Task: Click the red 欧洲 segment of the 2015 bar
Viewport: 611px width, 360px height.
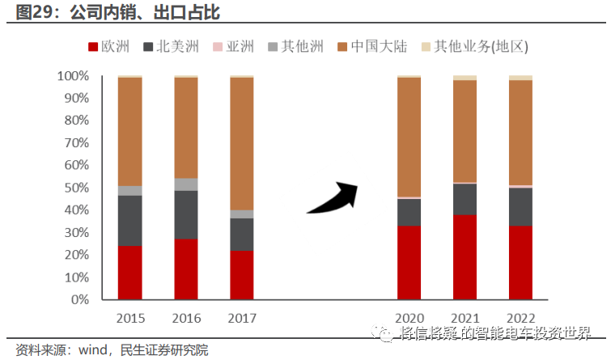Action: click(129, 272)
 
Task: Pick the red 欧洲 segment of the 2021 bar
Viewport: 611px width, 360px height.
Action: click(465, 256)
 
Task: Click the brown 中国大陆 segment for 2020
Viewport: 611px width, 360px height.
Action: click(409, 137)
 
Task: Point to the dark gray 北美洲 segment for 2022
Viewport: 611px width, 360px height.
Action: click(520, 206)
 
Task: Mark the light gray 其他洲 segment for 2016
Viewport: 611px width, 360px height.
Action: click(185, 184)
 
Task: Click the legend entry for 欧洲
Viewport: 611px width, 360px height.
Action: click(108, 47)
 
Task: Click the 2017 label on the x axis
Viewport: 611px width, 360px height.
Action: click(241, 317)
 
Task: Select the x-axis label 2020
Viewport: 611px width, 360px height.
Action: click(409, 317)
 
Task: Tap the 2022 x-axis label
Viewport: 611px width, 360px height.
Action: click(520, 317)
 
